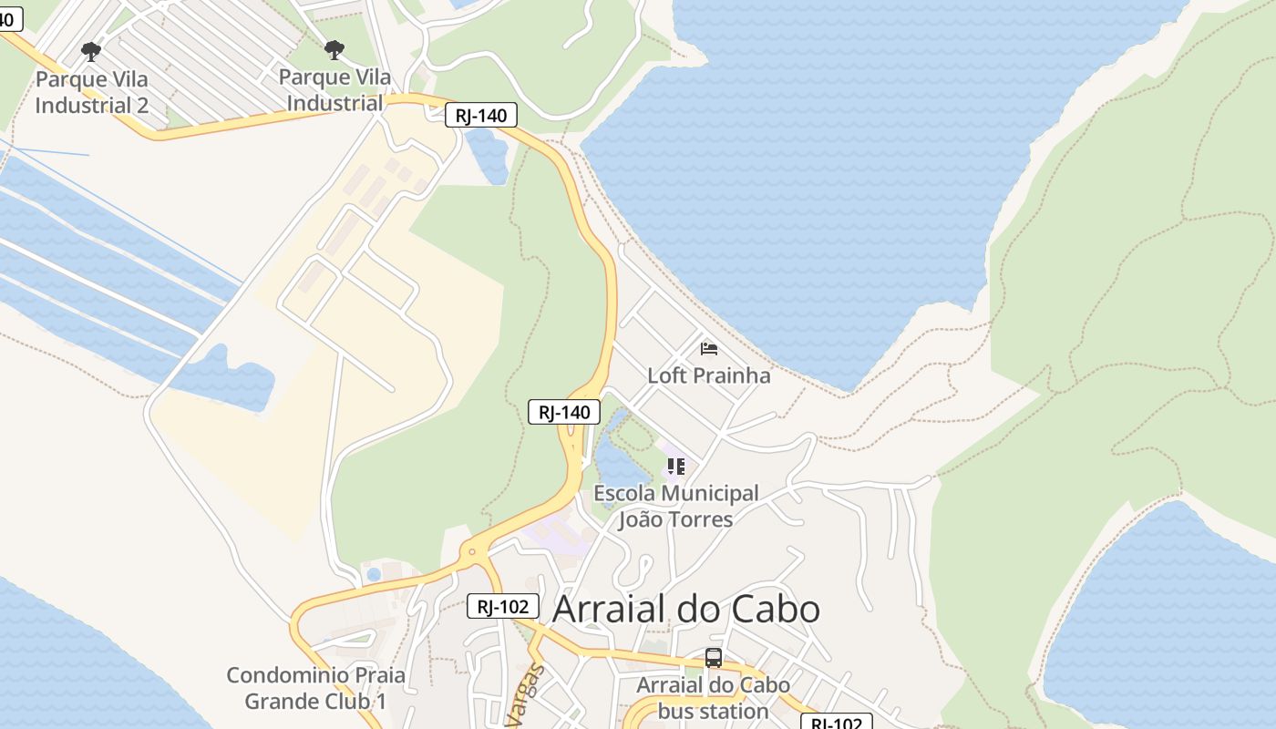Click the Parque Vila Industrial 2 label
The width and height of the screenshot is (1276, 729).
pyautogui.click(x=91, y=92)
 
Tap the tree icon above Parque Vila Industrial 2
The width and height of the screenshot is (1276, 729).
pyautogui.click(x=90, y=51)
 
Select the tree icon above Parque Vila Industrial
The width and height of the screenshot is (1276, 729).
pyautogui.click(x=334, y=49)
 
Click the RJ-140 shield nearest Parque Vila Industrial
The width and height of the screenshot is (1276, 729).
pyautogui.click(x=481, y=116)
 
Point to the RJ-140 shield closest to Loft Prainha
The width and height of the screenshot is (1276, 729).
pyautogui.click(x=564, y=412)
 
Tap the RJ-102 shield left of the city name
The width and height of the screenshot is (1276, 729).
pyautogui.click(x=503, y=607)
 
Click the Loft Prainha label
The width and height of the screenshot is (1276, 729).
pyautogui.click(x=708, y=375)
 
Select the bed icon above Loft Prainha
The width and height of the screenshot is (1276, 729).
pyautogui.click(x=708, y=348)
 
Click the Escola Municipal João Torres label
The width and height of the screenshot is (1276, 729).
pyautogui.click(x=675, y=507)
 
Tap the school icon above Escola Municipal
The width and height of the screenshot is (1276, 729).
pyautogui.click(x=675, y=467)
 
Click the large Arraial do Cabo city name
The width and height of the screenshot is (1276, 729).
pyautogui.click(x=686, y=609)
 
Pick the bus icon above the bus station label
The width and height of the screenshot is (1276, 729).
pyautogui.click(x=713, y=657)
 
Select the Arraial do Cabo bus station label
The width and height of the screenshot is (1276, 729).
pyautogui.click(x=713, y=698)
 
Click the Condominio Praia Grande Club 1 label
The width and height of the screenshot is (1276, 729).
pyautogui.click(x=315, y=688)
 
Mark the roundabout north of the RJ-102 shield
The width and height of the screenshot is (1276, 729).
pyautogui.click(x=471, y=551)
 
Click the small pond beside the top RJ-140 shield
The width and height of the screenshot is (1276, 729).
pyautogui.click(x=488, y=155)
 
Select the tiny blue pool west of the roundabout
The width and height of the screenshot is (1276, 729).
pyautogui.click(x=374, y=574)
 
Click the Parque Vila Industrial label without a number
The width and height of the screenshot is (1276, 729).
pyautogui.click(x=334, y=90)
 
